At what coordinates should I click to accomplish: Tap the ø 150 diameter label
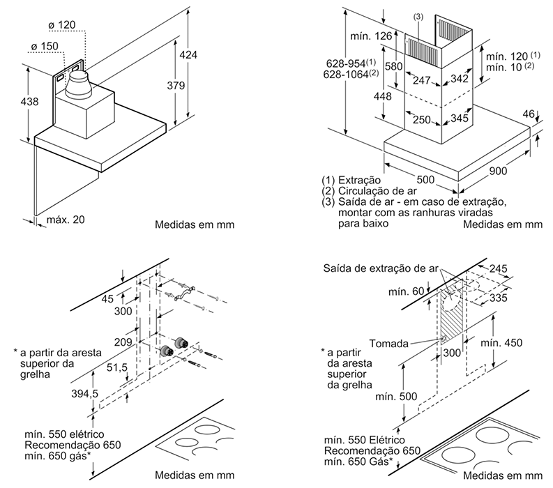46,47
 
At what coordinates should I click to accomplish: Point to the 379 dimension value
179,86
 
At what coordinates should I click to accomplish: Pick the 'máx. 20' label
66,220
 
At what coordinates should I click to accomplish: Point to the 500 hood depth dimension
425,179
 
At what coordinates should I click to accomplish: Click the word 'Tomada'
389,343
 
